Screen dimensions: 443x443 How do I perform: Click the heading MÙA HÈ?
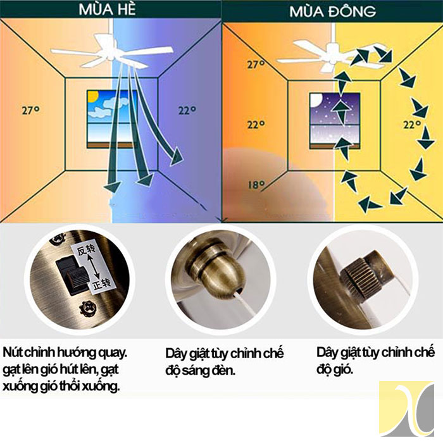108,9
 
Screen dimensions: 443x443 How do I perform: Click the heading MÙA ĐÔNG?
332,11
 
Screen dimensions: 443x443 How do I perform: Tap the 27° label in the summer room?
30,110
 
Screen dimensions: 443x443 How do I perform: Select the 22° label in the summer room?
187,110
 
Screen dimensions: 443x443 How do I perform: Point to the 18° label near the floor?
257,185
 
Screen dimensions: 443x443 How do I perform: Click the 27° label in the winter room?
256,65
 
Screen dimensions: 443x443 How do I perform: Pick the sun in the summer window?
92,97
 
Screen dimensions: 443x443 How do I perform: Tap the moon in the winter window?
316,101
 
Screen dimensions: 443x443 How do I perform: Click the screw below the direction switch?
88,309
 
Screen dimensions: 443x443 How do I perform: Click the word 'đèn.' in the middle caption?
223,371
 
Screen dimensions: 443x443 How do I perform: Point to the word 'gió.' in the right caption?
343,370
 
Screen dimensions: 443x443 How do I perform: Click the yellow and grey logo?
407,409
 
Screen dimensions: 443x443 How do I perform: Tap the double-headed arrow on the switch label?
93,266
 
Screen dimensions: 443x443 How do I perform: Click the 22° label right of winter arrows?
412,124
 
